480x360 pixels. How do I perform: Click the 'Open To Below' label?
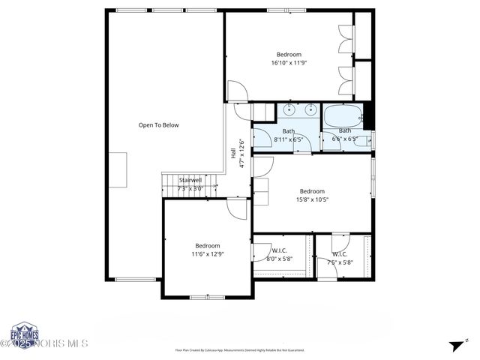pos(158,125)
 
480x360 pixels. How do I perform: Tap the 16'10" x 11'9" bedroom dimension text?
pos(289,63)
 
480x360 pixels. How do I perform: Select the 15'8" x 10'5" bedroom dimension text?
pos(312,199)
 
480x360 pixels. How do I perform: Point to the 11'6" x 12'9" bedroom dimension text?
pos(208,254)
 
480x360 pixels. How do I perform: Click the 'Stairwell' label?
pos(190,180)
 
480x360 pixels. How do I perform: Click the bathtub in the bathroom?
pos(342,116)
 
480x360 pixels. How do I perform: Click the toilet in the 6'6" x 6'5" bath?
pos(361,139)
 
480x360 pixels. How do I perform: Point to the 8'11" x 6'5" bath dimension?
pos(288,139)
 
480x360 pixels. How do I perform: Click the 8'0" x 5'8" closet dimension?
pos(279,259)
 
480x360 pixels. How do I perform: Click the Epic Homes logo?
pos(25,334)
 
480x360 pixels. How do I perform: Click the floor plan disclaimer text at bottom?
pos(239,350)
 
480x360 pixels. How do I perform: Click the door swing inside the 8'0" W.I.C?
pos(262,250)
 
